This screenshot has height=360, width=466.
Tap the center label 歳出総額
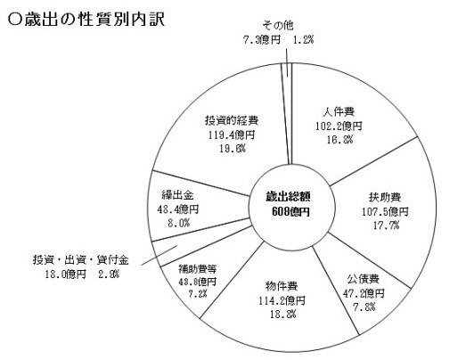tap(288, 197)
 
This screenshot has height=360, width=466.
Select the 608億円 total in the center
tap(290, 212)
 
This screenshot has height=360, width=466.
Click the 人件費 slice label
tap(339, 111)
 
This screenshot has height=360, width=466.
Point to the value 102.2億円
tap(339, 126)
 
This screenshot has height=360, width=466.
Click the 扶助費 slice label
tap(385, 198)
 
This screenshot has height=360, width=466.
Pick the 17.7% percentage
tap(386, 225)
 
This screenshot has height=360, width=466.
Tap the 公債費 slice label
tap(364, 280)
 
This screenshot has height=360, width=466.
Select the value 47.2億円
tap(364, 294)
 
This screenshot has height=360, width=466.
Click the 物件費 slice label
tap(282, 287)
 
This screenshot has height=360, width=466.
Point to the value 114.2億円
tap(282, 301)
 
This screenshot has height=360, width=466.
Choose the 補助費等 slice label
tap(197, 269)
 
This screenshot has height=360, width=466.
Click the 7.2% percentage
tap(197, 294)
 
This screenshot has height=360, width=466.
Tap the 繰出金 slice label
tap(177, 195)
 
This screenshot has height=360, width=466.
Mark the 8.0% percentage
tap(178, 223)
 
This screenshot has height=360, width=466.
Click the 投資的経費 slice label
tap(232, 120)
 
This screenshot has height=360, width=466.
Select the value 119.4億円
tap(232, 135)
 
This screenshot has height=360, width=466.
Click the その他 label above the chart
tap(278, 26)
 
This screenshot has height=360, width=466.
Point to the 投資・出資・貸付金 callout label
tap(80, 260)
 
